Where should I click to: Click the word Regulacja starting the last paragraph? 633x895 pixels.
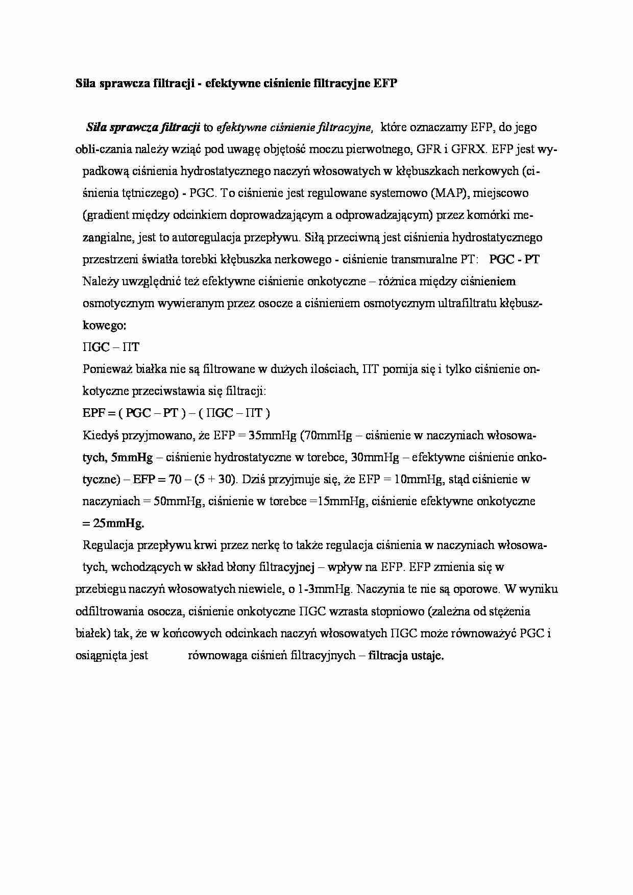[108, 545]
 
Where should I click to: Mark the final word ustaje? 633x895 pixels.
[429, 655]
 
